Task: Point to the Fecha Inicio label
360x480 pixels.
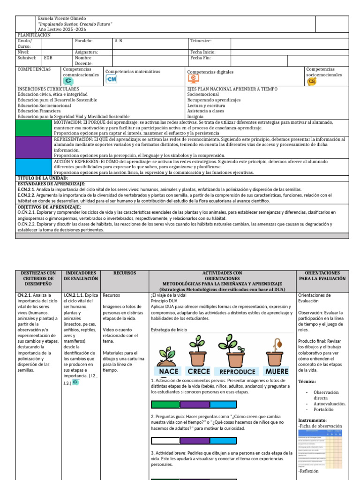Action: coord(202,52)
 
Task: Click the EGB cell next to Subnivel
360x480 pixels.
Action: coord(48,58)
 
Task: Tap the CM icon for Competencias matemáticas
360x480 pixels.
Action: coord(111,80)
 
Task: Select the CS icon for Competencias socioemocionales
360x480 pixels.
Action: coord(312,81)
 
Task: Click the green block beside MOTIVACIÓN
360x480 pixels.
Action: coord(34,127)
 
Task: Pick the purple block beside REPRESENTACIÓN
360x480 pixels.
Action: coord(34,147)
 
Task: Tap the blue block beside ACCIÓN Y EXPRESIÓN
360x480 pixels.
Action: coord(34,167)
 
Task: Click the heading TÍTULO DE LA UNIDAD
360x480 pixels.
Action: coord(43,178)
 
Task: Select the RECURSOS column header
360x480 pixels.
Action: coord(125,272)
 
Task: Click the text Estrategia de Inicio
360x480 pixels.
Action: coord(169,330)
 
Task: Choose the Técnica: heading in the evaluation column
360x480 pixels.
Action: coord(307,382)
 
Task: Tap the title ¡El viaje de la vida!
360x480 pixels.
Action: coord(169,295)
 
